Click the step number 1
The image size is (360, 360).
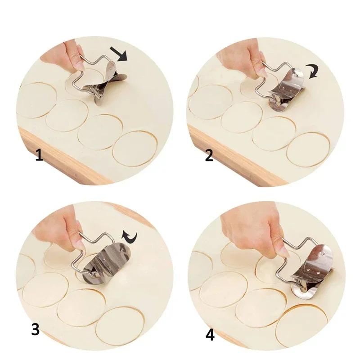(40, 156)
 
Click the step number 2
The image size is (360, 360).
(209, 156)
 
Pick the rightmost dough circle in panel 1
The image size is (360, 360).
(135, 148)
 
